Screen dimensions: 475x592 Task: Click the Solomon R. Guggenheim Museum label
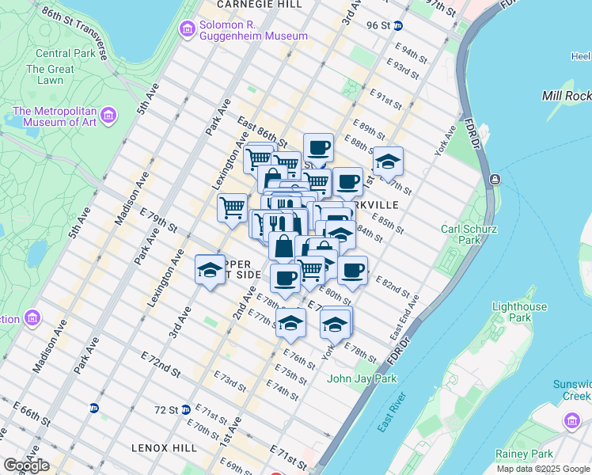pos(253,29)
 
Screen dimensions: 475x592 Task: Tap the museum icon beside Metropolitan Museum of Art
pos(109,116)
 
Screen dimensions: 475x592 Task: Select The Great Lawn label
pos(50,74)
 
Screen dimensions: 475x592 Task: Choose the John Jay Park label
pos(362,378)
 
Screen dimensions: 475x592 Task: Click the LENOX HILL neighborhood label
pos(165,448)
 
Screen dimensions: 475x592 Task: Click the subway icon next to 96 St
pos(399,25)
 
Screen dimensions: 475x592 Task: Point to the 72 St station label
pos(167,410)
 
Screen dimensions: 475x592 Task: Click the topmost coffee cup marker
pos(318,148)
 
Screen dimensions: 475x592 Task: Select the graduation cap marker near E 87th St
pos(388,162)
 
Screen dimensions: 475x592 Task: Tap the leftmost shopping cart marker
pos(232,208)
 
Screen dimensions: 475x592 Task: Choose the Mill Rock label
pos(567,96)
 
